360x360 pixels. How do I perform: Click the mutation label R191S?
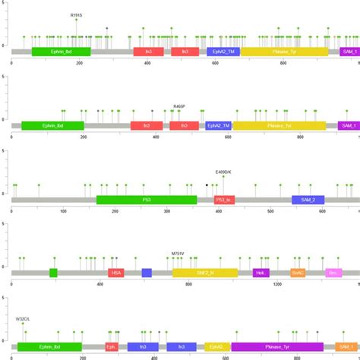[x=76, y=14]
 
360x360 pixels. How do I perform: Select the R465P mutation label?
[x=179, y=106]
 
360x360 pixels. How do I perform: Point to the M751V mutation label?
[x=178, y=253]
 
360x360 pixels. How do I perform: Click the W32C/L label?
[x=23, y=319]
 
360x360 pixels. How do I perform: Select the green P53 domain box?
[x=146, y=200]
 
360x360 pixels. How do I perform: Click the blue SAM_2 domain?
[x=308, y=200]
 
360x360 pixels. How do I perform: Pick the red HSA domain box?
[x=115, y=272]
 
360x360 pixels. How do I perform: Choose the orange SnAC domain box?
[x=298, y=272]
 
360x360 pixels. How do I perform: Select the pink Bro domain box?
[x=333, y=272]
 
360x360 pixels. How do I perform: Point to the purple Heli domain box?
[x=261, y=272]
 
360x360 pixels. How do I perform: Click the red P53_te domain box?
[x=225, y=200]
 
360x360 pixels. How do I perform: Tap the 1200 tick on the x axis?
[x=278, y=285]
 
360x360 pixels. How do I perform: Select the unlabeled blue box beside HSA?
[x=147, y=272]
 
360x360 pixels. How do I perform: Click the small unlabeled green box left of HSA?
[x=53, y=272]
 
